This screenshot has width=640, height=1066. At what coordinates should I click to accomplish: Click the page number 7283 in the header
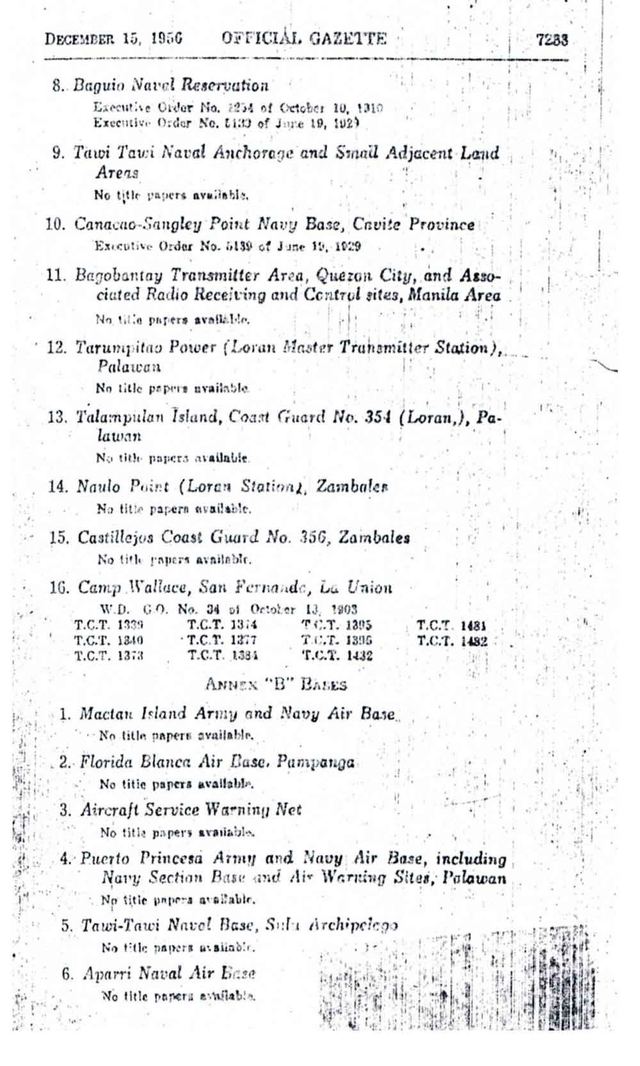pyautogui.click(x=552, y=40)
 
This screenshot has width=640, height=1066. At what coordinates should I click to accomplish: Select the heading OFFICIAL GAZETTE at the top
pyautogui.click(x=304, y=38)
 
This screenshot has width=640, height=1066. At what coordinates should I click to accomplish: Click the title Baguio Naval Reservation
pyautogui.click(x=170, y=85)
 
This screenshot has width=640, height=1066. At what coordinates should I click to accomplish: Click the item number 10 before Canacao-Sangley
pyautogui.click(x=56, y=225)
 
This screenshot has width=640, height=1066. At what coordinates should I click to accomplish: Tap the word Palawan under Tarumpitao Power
pyautogui.click(x=129, y=367)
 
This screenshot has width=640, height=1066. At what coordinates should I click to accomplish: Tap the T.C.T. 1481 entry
pyautogui.click(x=452, y=626)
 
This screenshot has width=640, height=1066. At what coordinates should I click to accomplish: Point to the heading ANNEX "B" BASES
pyautogui.click(x=276, y=685)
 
